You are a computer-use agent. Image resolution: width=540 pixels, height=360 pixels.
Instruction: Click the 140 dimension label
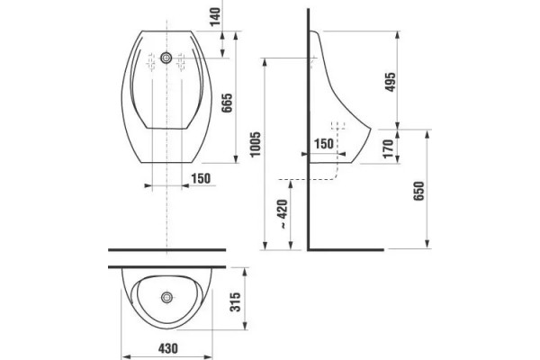215,16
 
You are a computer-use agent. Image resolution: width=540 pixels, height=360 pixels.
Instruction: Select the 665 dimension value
227,103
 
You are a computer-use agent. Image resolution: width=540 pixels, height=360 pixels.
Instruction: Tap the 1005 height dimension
256,144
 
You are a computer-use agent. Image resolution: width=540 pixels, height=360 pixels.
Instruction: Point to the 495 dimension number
391,82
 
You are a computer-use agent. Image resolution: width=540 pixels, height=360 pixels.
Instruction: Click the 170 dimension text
388,148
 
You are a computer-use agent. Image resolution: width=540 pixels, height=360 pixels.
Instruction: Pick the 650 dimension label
418,191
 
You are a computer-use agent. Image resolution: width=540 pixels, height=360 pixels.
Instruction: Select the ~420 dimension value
283,214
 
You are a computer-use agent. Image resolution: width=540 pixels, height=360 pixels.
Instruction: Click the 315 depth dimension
236,302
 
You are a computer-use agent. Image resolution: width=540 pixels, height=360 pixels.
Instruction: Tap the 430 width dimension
168,348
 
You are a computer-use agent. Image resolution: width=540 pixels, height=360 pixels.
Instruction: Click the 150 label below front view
201,178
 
